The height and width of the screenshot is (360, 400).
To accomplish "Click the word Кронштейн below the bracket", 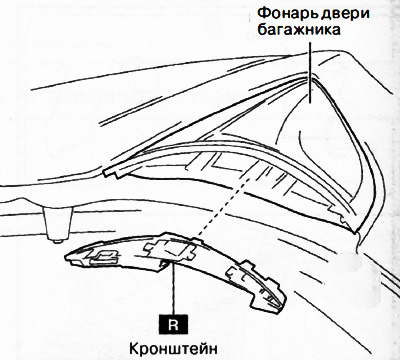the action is [174, 348].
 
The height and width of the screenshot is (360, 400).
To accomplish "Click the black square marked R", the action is [174, 323].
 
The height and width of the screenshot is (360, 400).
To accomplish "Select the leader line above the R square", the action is [174, 290].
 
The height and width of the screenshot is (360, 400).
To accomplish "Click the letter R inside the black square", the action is [174, 323].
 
